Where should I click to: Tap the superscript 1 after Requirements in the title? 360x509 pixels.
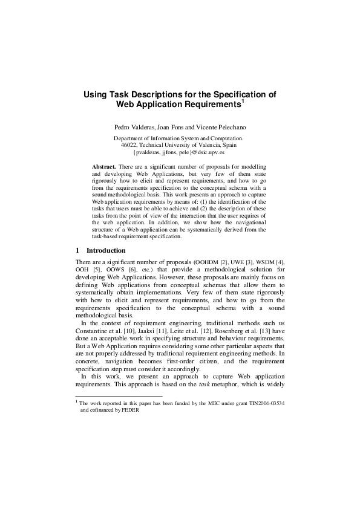(x=243, y=101)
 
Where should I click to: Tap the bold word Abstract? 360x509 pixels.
(x=103, y=166)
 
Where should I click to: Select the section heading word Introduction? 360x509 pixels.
(x=106, y=250)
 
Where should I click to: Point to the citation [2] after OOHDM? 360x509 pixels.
(x=220, y=261)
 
